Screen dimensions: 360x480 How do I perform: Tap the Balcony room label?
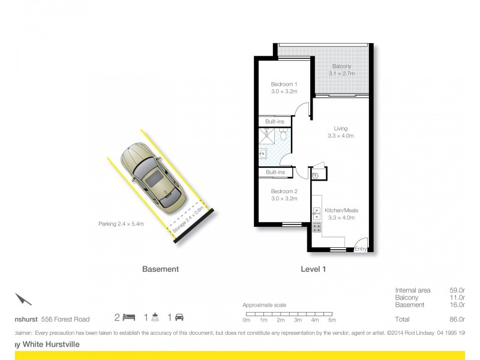341,70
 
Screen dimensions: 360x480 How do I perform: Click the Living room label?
341,132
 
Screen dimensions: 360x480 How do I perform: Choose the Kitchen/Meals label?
341,214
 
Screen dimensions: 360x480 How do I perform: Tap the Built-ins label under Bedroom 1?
275,122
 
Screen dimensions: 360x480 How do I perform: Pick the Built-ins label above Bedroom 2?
275,173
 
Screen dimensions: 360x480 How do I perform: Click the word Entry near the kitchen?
361,249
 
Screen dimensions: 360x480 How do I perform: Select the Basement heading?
160,269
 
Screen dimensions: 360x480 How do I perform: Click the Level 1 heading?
313,269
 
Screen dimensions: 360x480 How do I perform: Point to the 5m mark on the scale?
332,320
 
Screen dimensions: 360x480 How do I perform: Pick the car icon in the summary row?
179,317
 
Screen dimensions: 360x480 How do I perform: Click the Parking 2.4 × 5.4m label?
121,224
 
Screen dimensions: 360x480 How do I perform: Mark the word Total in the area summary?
402,320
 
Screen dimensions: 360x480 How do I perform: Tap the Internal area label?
413,290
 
